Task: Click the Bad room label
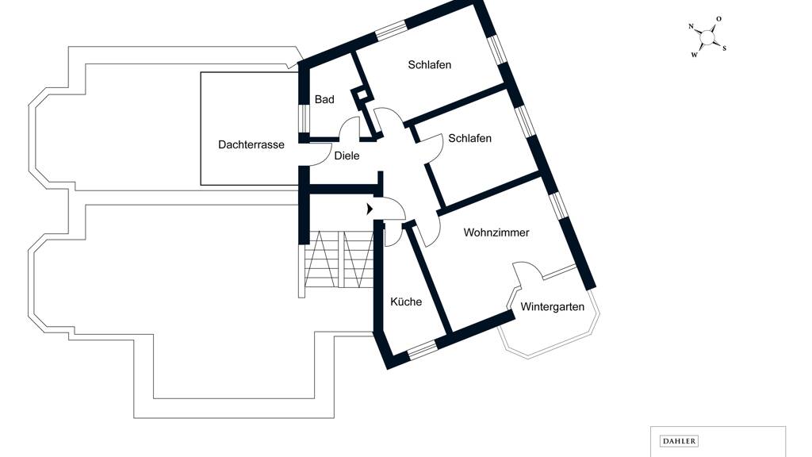coord(324,99)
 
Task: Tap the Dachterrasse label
coord(251,144)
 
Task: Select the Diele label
coord(347,156)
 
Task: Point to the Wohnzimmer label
coord(496,232)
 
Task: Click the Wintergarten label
coord(552,307)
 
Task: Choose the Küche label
coord(406,301)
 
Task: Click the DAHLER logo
coord(679,441)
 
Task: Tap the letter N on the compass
coord(691,26)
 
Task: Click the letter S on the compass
coord(724,48)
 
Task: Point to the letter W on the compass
coord(695,55)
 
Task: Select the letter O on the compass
coord(718,19)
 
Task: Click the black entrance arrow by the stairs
coord(370,209)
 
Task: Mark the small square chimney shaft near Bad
coord(361,95)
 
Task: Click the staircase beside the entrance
coord(339,259)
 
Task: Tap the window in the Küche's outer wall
coord(422,350)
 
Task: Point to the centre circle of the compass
coord(707,37)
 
